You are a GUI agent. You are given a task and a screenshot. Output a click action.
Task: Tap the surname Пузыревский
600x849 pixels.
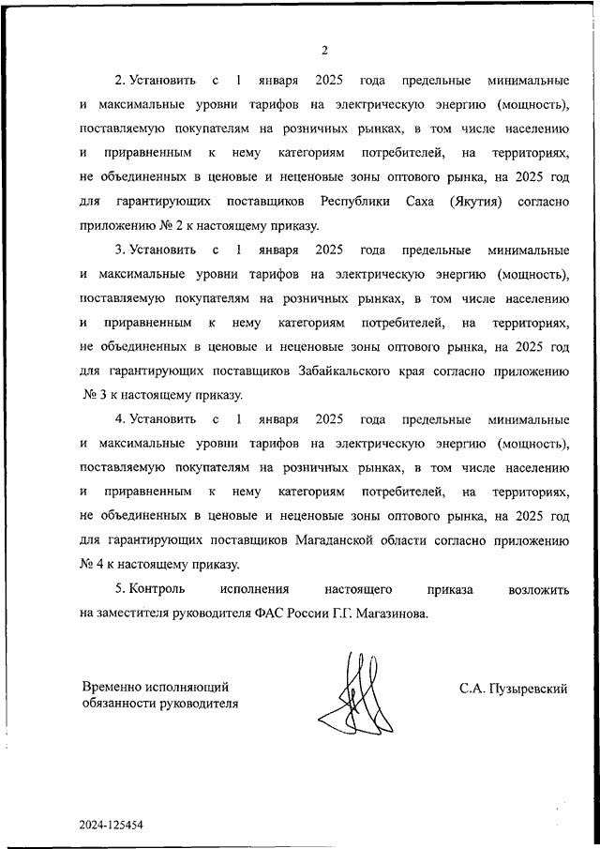coord(514,689)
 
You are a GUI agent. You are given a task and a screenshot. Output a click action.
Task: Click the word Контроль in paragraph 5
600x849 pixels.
coord(156,589)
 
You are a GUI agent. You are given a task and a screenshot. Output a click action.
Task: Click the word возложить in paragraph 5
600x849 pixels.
coord(538,589)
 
